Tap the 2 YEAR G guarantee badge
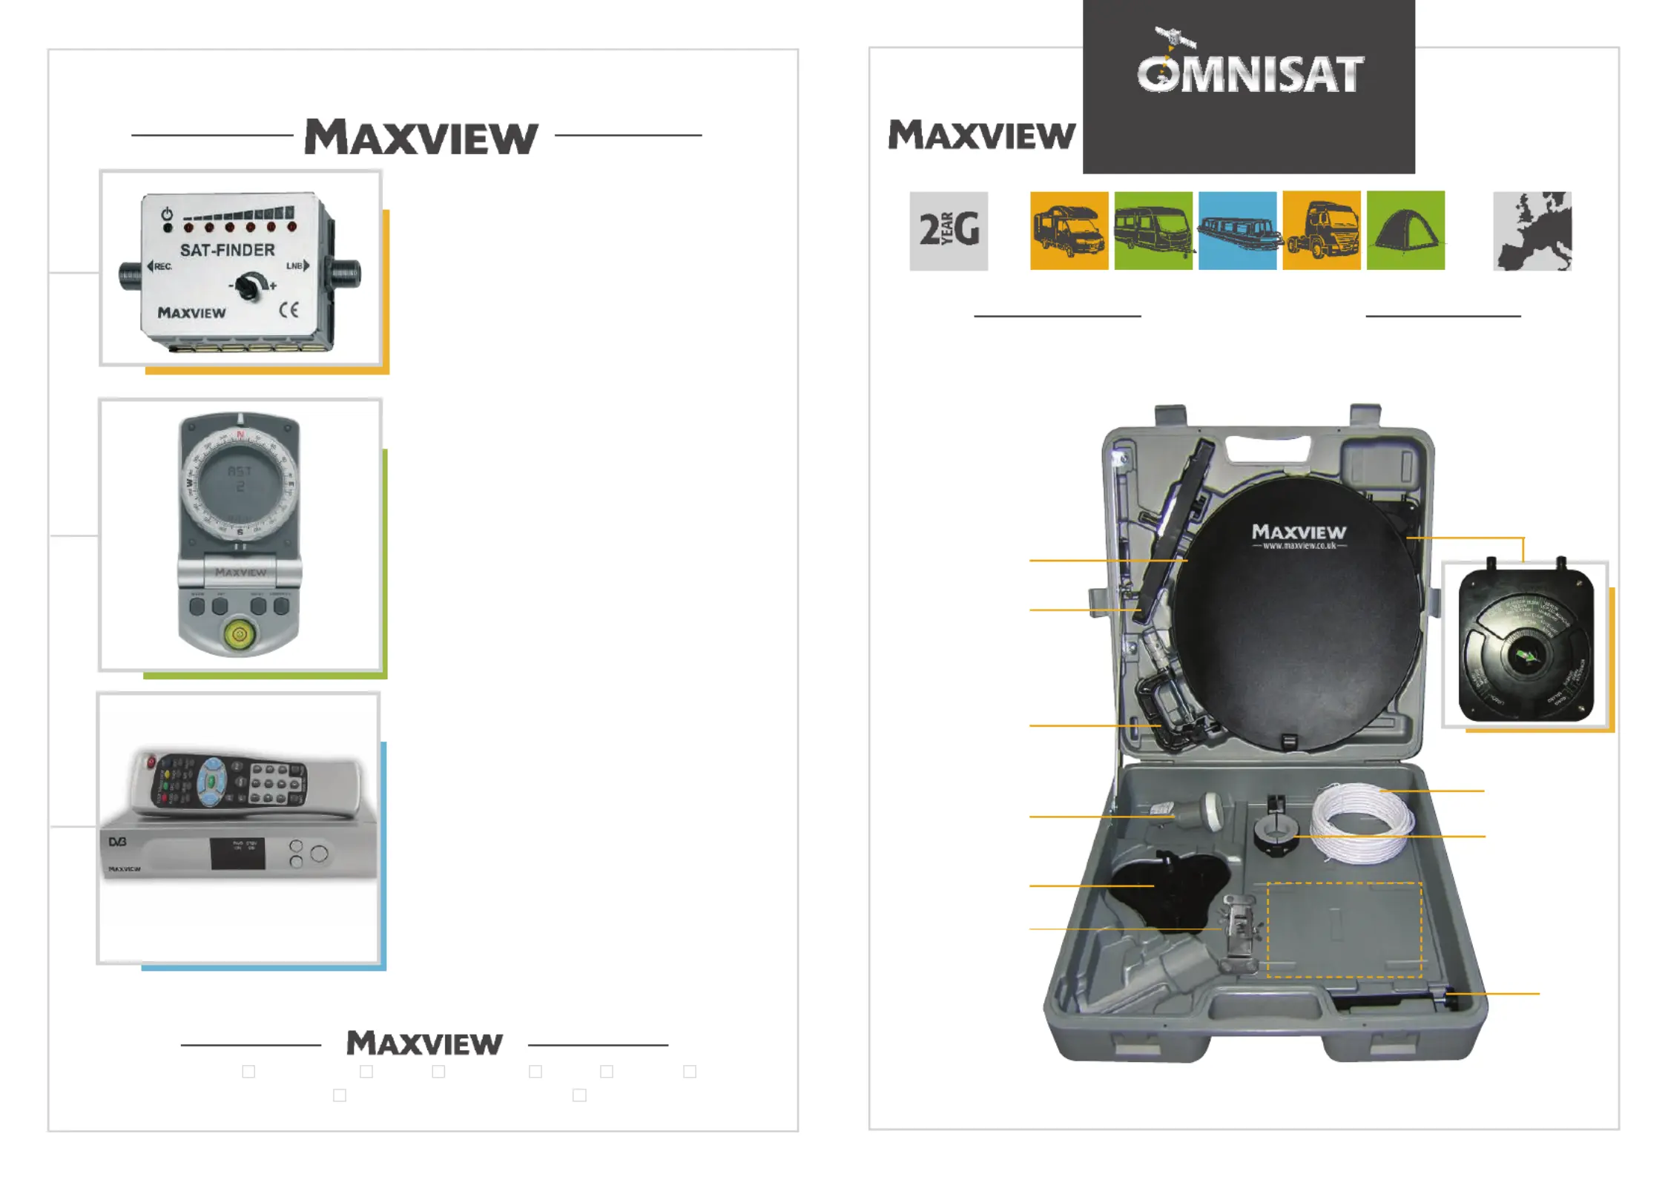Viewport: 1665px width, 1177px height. click(x=949, y=231)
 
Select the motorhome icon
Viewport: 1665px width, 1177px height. click(x=1069, y=231)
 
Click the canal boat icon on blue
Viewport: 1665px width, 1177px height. click(x=1237, y=231)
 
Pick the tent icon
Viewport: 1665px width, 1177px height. click(x=1405, y=231)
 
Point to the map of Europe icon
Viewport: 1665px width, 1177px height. click(x=1532, y=231)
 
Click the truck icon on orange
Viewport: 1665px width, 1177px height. click(x=1322, y=231)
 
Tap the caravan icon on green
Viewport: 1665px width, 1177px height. click(x=1153, y=231)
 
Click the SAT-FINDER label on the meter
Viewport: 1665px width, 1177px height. click(x=227, y=250)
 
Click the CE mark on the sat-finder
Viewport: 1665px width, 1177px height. click(x=289, y=310)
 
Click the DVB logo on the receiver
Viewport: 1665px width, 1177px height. click(x=117, y=842)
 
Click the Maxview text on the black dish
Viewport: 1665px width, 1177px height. click(x=1299, y=532)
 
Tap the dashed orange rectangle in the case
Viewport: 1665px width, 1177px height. click(x=1344, y=929)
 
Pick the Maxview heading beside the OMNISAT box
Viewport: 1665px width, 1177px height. click(x=981, y=136)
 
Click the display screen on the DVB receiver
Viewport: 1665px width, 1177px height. click(x=237, y=854)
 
